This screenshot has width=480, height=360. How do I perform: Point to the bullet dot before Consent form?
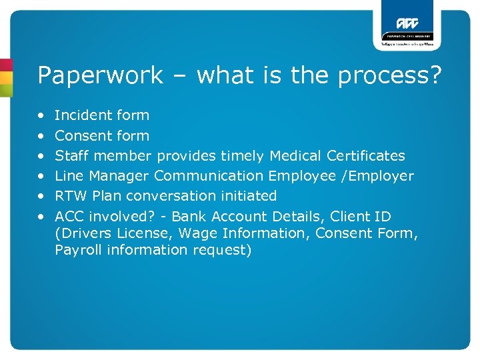[x=41, y=136]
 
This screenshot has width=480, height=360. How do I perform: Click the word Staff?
[x=70, y=156]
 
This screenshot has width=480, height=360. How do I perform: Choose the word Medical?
[x=295, y=156]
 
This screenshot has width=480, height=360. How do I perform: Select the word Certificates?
[x=366, y=156]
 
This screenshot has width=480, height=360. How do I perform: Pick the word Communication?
[x=209, y=176]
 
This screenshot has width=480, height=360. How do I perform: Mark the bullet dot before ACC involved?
[x=41, y=217]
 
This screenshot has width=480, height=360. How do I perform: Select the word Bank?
[x=188, y=217]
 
